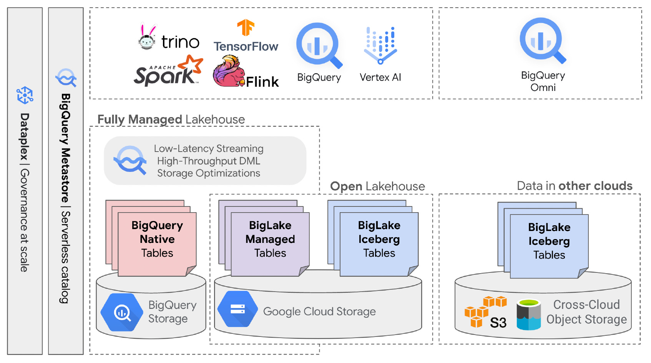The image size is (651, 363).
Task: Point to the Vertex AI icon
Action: [x=380, y=45]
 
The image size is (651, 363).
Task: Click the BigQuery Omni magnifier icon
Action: [x=543, y=40]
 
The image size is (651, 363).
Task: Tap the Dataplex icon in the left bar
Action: [x=25, y=95]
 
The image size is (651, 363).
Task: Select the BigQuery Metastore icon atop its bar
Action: [x=66, y=78]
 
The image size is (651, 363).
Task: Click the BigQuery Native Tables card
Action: [x=157, y=244]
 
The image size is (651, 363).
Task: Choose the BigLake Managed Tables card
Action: [x=270, y=244]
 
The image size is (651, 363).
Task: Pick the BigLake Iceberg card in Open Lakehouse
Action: [x=379, y=244]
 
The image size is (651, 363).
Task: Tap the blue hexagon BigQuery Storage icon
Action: [x=122, y=312]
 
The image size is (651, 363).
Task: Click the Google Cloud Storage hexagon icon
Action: [x=238, y=309]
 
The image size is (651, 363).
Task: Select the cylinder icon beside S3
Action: [x=529, y=315]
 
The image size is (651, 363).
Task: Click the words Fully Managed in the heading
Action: [x=140, y=120]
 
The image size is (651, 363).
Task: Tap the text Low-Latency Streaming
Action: [x=209, y=148]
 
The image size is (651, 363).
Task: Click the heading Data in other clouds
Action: [x=575, y=186]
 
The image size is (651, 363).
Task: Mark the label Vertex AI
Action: [x=380, y=77]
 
